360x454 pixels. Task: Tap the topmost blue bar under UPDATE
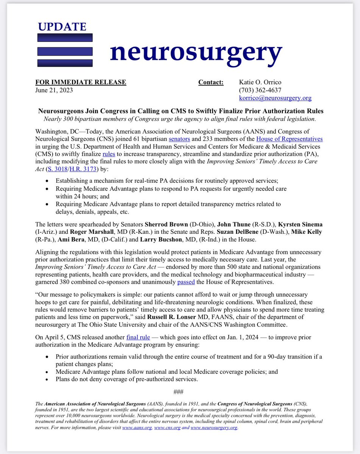pyautogui.click(x=65, y=37)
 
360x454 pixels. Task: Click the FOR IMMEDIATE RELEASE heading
pyautogui.click(x=81, y=82)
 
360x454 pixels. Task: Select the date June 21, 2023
pyautogui.click(x=54, y=90)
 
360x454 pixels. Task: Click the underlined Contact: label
pyautogui.click(x=211, y=82)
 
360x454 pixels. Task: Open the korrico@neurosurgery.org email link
pyautogui.click(x=275, y=98)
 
